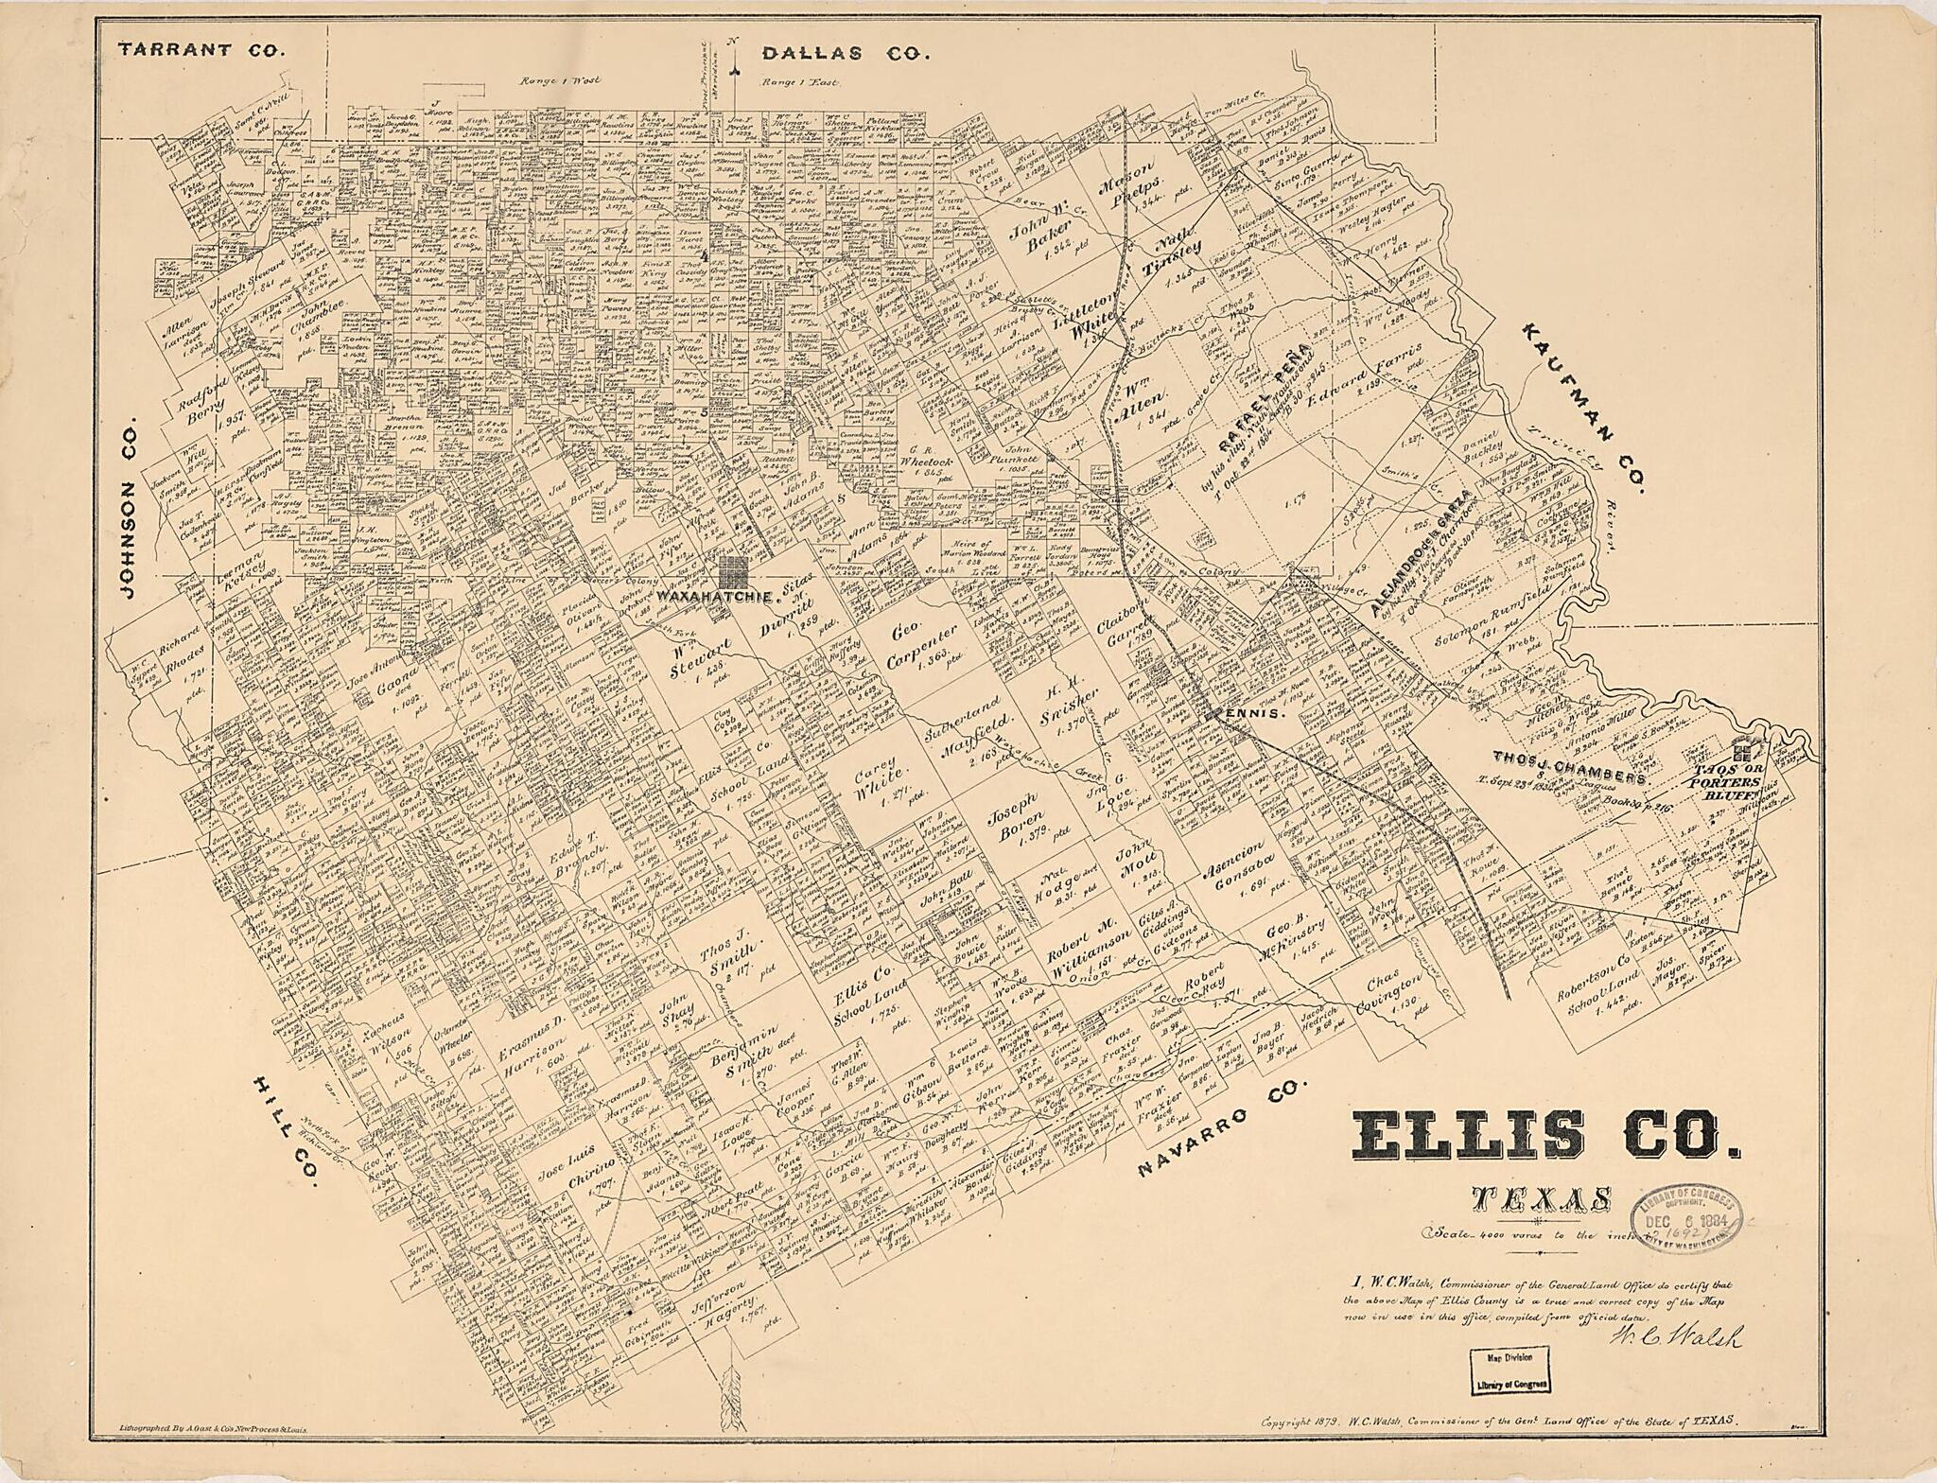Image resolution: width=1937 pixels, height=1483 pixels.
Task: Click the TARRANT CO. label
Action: (201, 51)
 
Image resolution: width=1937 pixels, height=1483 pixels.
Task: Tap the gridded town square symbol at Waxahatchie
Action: (733, 572)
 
